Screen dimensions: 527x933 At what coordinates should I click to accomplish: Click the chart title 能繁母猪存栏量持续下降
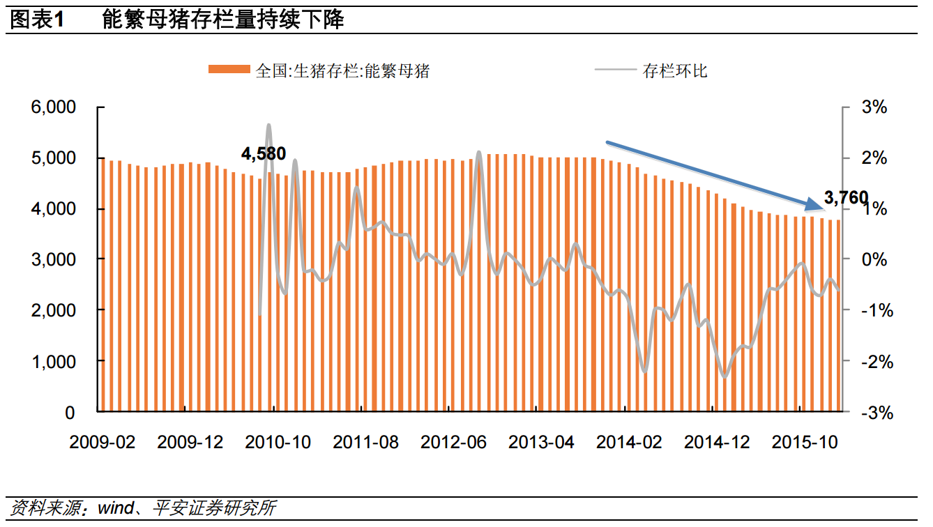[222, 20]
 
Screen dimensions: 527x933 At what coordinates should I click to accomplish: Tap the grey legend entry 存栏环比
[674, 70]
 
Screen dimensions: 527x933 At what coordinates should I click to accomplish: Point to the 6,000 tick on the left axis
[53, 108]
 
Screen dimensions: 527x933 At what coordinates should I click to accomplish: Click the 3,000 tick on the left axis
[53, 259]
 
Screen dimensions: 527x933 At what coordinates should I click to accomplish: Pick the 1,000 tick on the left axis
[53, 361]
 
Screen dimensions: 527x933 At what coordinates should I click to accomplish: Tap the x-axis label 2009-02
[103, 443]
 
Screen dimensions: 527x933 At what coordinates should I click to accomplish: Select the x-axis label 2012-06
[453, 443]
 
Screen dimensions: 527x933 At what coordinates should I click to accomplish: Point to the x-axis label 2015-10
[805, 443]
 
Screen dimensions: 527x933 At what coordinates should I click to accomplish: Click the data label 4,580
[264, 153]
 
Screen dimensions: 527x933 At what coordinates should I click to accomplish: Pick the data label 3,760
[846, 199]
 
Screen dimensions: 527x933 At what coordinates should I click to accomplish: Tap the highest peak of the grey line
[268, 125]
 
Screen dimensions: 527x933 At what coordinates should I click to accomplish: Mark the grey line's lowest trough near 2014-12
[725, 377]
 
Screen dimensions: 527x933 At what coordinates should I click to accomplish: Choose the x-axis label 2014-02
[630, 443]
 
